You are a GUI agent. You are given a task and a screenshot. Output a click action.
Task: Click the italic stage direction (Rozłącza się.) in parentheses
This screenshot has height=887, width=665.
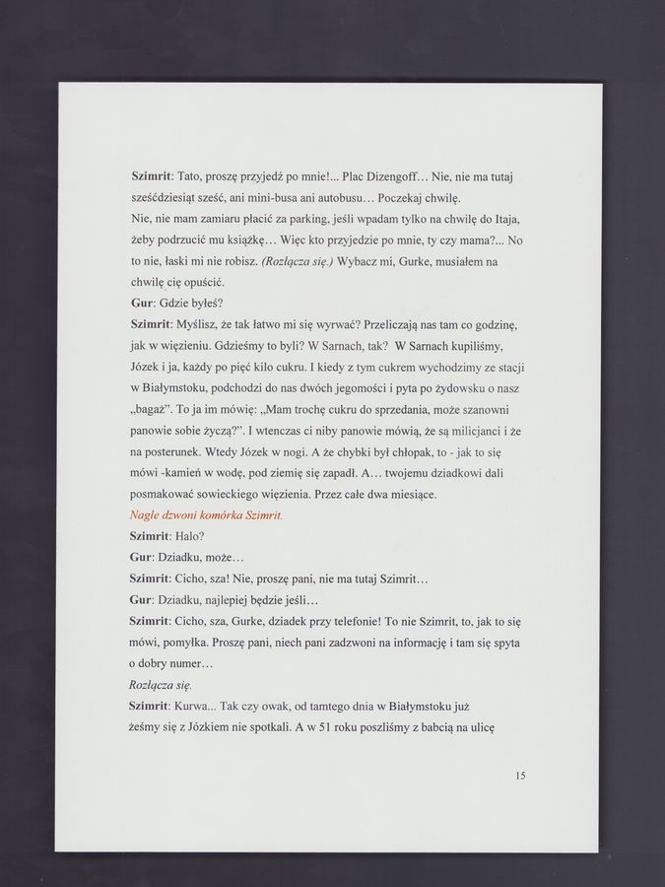298,261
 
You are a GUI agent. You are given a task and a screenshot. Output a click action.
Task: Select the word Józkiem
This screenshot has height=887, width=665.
213,728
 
